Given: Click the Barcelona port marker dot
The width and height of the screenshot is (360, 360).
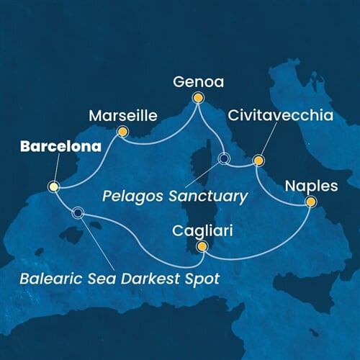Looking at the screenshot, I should (53, 186).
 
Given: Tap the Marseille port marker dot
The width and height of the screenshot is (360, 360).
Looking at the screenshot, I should (122, 132).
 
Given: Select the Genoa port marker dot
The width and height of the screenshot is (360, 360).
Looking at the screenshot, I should (198, 97).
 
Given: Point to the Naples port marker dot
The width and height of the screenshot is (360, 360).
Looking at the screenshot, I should (311, 202).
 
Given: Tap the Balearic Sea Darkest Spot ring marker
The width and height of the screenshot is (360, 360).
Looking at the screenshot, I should (77, 212).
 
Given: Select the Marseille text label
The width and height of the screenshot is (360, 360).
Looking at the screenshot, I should (120, 115).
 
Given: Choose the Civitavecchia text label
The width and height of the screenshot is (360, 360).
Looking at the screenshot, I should (274, 115).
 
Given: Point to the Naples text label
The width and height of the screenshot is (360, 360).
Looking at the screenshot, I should (311, 185).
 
